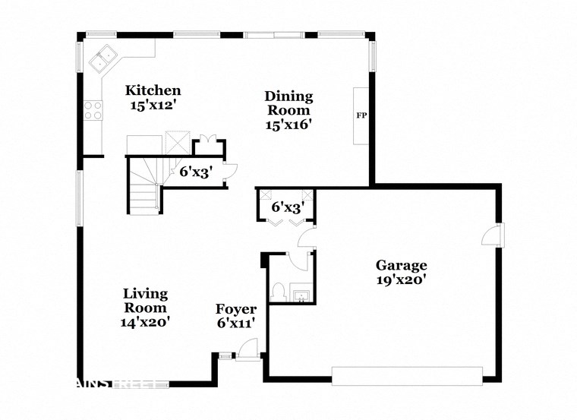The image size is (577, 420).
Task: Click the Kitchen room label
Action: (x=153, y=90)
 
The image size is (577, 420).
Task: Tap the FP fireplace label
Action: (x=361, y=116)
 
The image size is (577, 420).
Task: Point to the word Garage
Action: (x=401, y=265)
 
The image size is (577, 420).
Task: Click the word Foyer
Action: (x=235, y=309)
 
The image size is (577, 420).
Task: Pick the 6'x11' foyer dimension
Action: (x=235, y=323)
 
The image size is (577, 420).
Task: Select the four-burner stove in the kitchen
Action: (x=93, y=111)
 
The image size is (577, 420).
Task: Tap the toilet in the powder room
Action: (x=279, y=292)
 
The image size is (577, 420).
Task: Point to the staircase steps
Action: (x=143, y=186)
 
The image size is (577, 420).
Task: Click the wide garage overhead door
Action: (x=407, y=375)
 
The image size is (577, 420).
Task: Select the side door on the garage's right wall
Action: (x=493, y=235)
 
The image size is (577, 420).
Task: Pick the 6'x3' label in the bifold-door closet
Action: (x=288, y=206)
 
